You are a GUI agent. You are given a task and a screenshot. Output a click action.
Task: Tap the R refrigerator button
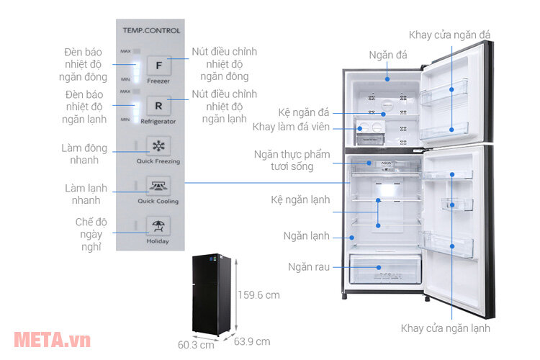pos(158,106)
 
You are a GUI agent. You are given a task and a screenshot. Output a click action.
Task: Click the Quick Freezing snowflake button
pos(158,146)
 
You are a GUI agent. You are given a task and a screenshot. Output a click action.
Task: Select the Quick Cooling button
pos(158,186)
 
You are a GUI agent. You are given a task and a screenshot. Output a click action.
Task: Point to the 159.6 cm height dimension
pos(259,294)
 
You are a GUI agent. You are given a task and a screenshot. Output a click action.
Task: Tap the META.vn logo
pos(48,338)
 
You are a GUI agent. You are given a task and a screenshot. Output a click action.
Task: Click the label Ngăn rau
pos(311,267)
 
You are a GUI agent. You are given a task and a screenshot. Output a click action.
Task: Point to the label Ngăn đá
pos(387,54)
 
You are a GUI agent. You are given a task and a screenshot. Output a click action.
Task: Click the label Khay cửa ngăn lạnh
pos(446,328)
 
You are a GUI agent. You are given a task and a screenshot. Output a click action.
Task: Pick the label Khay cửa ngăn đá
pos(449,34)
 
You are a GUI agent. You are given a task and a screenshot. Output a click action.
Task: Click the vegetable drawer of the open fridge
pos(384,269)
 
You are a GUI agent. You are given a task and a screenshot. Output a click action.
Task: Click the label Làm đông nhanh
pos(84,154)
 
